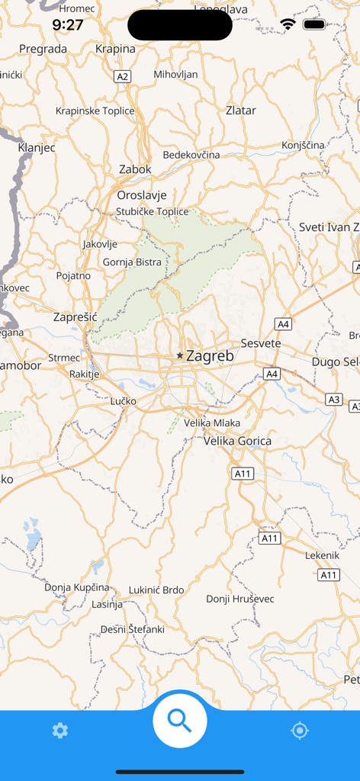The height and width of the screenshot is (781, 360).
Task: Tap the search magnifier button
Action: click(180, 720)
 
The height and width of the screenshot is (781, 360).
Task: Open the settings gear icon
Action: click(60, 731)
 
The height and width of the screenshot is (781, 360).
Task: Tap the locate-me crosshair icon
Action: click(300, 731)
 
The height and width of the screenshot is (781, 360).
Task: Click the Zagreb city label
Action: click(210, 355)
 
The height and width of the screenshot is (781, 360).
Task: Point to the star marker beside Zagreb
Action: click(180, 355)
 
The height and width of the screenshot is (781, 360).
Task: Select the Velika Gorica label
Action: click(237, 441)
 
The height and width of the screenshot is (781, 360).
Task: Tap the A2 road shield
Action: click(123, 76)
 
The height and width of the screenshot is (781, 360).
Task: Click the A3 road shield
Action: click(334, 399)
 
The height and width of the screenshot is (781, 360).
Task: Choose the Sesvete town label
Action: click(261, 343)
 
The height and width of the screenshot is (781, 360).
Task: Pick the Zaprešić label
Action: click(76, 317)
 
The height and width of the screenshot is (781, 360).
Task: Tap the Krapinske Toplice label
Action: click(95, 111)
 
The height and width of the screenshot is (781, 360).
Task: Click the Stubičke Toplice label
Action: click(153, 211)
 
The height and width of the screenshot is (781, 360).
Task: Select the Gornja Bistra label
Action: click(132, 262)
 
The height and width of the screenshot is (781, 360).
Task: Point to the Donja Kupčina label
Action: click(76, 587)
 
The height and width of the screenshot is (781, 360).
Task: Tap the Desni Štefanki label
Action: click(133, 629)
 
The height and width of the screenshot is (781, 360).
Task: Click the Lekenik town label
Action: click(322, 555)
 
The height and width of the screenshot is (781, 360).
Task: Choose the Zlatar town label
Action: click(241, 110)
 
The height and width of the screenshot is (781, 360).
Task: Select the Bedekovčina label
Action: click(191, 155)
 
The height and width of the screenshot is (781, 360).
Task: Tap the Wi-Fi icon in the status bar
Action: click(288, 24)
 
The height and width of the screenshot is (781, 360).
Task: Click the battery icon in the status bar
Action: click(314, 24)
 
